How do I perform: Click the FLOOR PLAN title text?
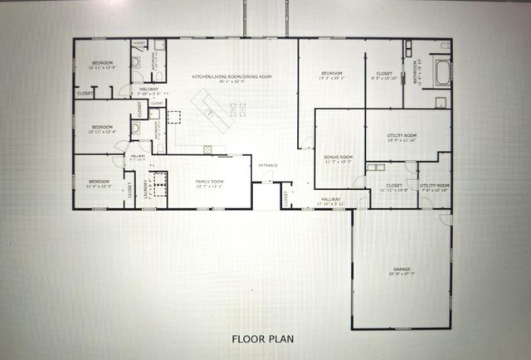(262, 338)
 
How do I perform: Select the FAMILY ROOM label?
(209, 181)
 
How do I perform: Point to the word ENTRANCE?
(268, 166)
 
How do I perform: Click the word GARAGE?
(402, 270)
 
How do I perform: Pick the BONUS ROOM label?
(338, 157)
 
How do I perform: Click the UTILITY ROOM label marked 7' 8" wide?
(434, 185)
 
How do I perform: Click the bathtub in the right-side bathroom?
(439, 74)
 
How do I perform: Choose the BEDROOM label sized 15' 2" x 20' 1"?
(332, 74)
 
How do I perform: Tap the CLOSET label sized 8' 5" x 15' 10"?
(384, 73)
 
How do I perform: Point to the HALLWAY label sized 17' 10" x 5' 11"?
(331, 199)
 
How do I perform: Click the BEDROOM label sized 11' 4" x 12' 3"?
(99, 181)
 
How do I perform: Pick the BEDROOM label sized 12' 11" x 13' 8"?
(102, 63)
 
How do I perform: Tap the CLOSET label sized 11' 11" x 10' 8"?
(394, 185)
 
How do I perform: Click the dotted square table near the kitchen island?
(174, 117)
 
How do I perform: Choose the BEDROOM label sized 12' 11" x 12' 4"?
(102, 127)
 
